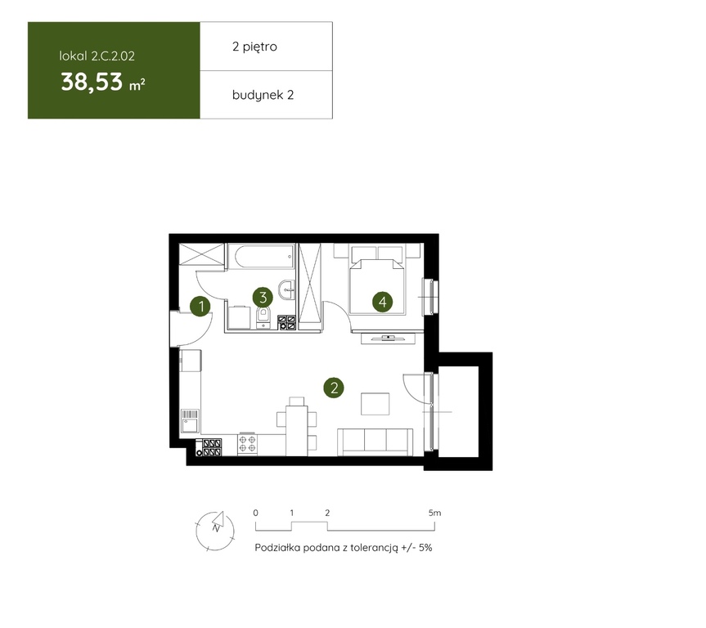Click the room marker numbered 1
coord(200,307)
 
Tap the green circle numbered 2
coord(334,388)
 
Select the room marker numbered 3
coord(263,297)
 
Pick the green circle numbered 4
coord(382,301)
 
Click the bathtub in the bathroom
coord(261,257)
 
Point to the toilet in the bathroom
coord(263,317)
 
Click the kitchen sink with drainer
coord(190,421)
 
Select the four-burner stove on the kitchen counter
coord(247,444)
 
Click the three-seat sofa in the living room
coord(375,442)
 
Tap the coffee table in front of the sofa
coord(375,404)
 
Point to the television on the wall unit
coord(388,337)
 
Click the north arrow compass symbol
coord(215,531)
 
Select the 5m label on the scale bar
coord(435,513)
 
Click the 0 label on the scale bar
coord(256,513)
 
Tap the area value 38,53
coord(92,83)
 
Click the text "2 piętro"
coord(254,47)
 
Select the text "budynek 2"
coord(263,95)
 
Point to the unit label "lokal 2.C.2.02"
coord(97,56)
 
